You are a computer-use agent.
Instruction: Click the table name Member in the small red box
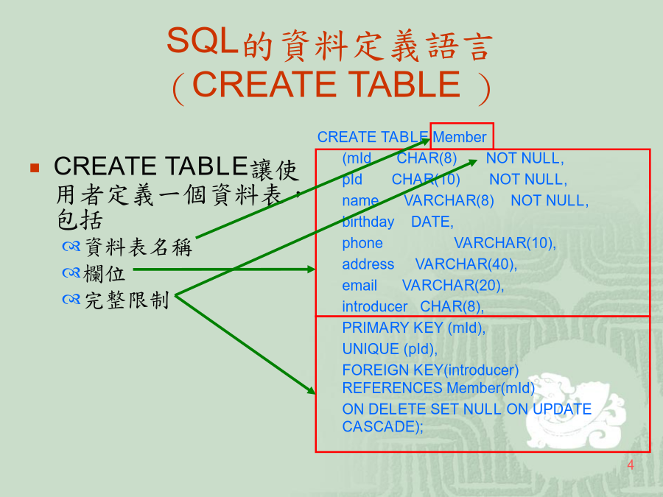click(460, 137)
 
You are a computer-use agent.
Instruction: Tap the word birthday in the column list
click(368, 222)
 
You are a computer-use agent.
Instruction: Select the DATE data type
click(432, 222)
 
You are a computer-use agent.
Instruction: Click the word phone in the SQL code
click(362, 243)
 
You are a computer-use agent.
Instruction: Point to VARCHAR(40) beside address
click(466, 264)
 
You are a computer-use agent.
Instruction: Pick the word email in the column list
click(359, 285)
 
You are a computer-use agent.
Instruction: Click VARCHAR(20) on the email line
click(453, 285)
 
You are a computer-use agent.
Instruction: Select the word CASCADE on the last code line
click(379, 426)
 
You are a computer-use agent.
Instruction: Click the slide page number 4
click(631, 465)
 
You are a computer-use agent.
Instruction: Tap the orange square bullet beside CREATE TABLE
click(35, 168)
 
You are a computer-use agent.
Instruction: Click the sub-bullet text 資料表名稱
click(138, 247)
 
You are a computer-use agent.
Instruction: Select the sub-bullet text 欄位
click(104, 273)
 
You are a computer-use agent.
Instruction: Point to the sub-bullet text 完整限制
click(127, 300)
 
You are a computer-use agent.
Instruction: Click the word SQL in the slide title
click(202, 40)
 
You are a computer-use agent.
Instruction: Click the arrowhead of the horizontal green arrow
click(311, 269)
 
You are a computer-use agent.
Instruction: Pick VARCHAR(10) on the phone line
click(505, 243)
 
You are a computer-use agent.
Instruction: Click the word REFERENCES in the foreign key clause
click(392, 387)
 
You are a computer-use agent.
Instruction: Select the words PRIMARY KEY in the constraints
click(393, 328)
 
